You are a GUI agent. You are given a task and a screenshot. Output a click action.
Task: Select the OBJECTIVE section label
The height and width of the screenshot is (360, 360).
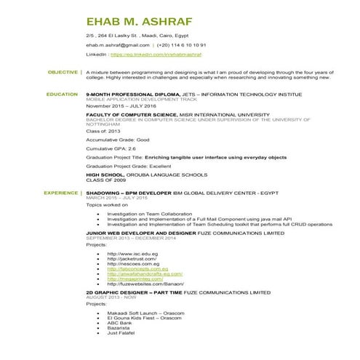click(62, 72)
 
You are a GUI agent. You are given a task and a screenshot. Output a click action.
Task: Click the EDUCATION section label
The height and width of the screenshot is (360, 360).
click(62, 95)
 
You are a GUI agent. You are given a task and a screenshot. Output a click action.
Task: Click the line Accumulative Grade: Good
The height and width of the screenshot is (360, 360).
click(117, 139)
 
